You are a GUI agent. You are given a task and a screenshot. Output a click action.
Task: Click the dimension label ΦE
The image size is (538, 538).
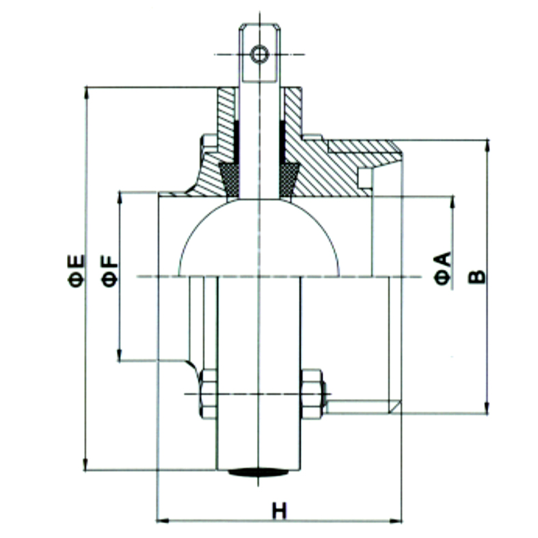tap(76, 271)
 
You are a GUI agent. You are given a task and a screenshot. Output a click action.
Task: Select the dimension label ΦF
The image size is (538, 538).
tap(109, 271)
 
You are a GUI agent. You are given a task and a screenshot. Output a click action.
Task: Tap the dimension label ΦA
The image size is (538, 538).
tap(443, 268)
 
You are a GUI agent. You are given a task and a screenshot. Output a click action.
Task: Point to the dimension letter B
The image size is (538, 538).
tap(477, 277)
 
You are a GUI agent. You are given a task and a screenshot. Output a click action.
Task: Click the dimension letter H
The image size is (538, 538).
tap(280, 511)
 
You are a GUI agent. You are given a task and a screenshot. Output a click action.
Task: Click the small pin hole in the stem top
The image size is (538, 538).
tap(259, 54)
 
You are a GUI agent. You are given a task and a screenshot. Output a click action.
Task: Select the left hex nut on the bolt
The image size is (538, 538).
tap(209, 394)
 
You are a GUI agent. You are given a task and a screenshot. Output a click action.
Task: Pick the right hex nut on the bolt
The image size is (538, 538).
tap(312, 394)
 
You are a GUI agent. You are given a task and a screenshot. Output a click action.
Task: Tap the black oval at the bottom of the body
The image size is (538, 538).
tap(258, 472)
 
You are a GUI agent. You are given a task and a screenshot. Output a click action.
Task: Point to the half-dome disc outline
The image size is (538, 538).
tap(259, 237)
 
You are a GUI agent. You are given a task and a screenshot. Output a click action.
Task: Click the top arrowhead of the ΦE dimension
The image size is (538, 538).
tap(86, 93)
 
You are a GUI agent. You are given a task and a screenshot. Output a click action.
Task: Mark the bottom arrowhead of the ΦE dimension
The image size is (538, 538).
tap(85, 465)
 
